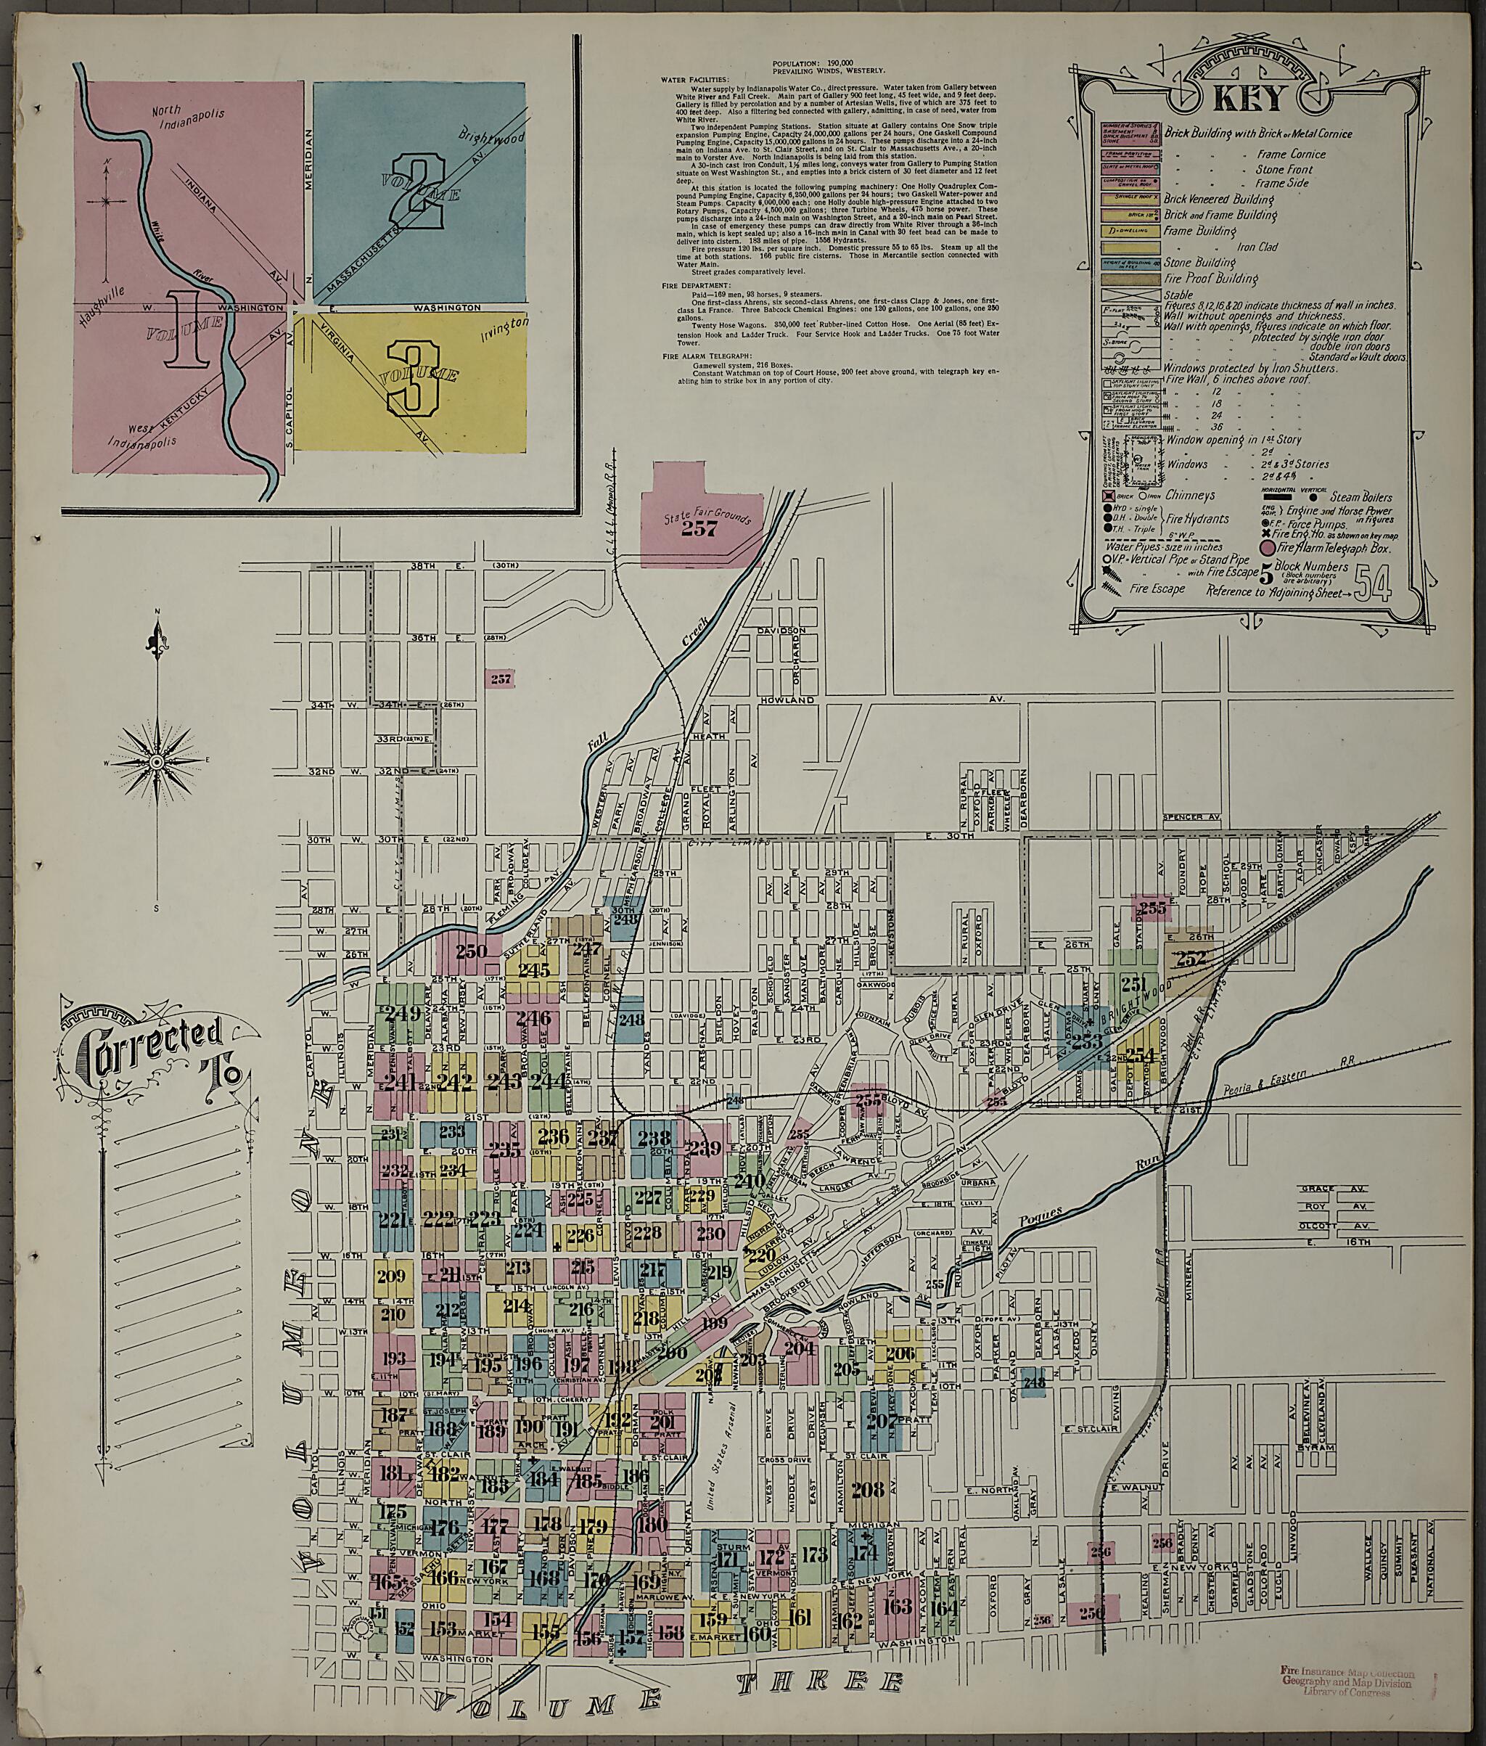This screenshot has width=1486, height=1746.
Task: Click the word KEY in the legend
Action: (1249, 99)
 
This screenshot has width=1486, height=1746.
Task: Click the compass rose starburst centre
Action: (156, 762)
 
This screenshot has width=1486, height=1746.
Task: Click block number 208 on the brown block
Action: (868, 1489)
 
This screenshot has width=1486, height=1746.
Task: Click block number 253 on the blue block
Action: (1087, 1041)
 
